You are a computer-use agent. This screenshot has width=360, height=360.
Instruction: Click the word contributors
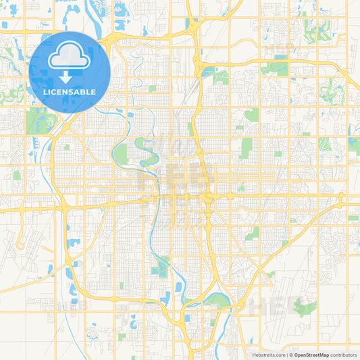[x=343, y=354]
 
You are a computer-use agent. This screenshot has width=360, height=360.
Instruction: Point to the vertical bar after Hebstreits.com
[x=286, y=354]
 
